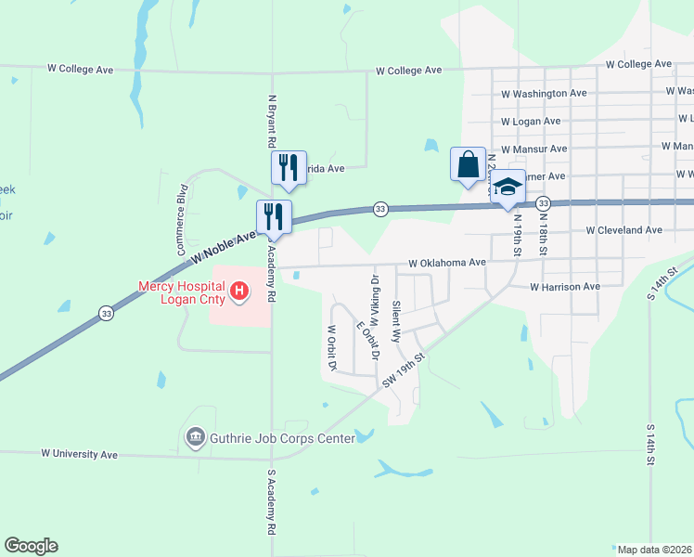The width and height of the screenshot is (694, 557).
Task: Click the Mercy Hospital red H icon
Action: [240, 292]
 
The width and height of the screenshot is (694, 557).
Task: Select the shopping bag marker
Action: [469, 165]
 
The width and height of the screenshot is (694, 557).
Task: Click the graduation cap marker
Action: [508, 188]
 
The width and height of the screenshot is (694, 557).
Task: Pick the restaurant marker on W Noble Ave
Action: [274, 217]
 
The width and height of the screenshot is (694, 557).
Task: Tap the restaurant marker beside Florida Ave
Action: [288, 168]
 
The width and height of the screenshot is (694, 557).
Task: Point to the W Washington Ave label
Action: [544, 94]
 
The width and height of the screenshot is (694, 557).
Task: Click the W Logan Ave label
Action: [530, 122]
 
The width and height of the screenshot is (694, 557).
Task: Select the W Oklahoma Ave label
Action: [446, 263]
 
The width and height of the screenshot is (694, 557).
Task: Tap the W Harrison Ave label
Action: [565, 288]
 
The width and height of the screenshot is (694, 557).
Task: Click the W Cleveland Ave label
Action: [623, 230]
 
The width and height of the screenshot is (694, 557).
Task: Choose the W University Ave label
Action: [79, 455]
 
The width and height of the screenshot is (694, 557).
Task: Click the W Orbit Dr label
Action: [330, 347]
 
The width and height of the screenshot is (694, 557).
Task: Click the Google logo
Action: [31, 546]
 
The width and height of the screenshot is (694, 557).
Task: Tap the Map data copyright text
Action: [653, 550]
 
